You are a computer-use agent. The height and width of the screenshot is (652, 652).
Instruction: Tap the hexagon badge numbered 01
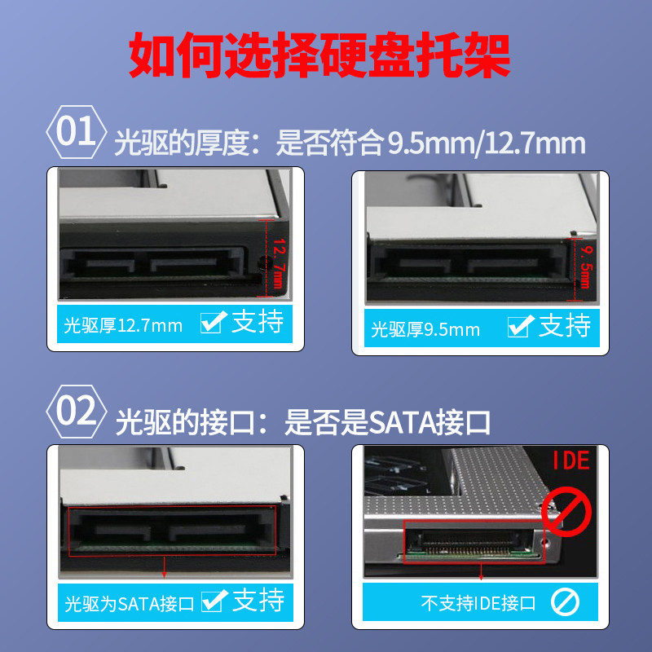click(x=76, y=131)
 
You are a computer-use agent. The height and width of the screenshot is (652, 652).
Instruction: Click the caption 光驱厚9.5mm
click(x=425, y=330)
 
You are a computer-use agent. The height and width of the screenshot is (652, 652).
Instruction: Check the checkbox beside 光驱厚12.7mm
click(x=212, y=324)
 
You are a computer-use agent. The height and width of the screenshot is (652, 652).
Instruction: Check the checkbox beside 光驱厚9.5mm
click(x=519, y=328)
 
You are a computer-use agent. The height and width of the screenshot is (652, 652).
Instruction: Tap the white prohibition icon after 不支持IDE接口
click(x=564, y=603)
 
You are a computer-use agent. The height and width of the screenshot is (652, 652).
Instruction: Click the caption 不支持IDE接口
click(x=478, y=604)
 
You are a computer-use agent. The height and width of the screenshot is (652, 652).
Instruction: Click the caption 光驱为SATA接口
click(x=129, y=605)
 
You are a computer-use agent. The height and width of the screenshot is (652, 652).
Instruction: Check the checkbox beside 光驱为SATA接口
click(x=213, y=602)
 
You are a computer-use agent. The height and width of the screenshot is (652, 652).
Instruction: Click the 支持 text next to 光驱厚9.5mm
click(x=565, y=326)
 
